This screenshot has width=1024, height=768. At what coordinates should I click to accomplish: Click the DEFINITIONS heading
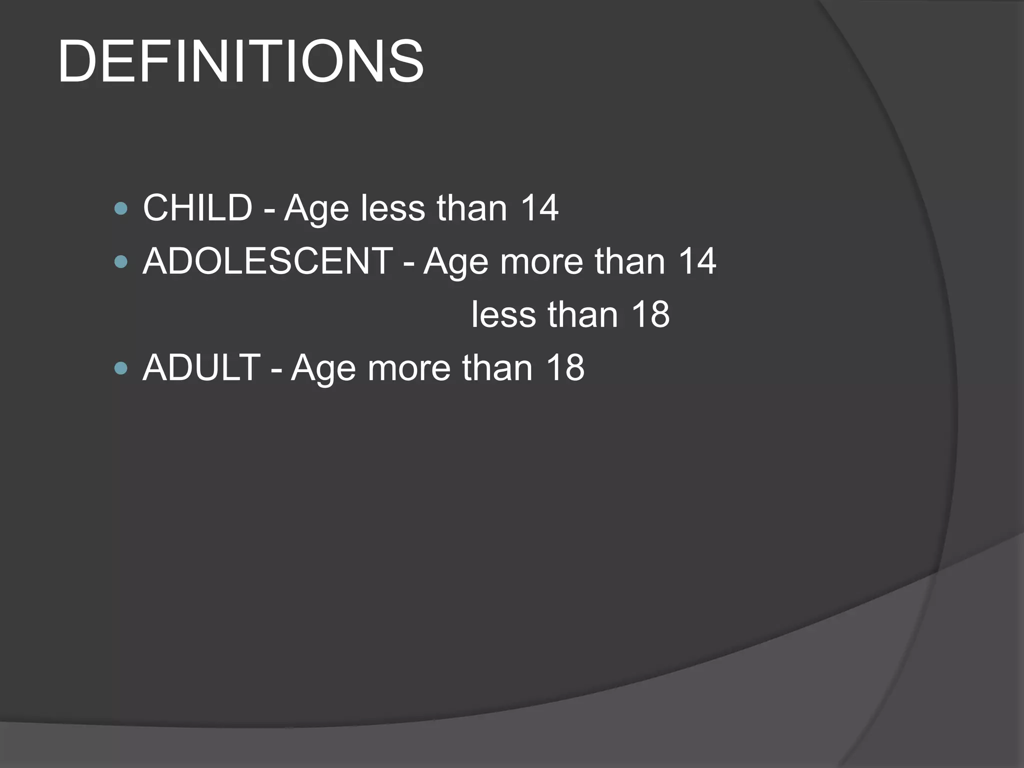pos(240,62)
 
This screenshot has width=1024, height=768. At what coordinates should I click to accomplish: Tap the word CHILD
pos(197,207)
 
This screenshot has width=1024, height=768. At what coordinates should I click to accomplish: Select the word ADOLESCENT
pos(267,261)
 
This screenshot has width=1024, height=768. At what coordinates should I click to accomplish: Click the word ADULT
pos(201,367)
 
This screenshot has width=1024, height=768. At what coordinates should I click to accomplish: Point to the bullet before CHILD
pos(121,208)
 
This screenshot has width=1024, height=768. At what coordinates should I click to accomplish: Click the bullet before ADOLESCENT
pos(121,261)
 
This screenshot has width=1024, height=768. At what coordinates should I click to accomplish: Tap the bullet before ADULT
pos(121,368)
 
